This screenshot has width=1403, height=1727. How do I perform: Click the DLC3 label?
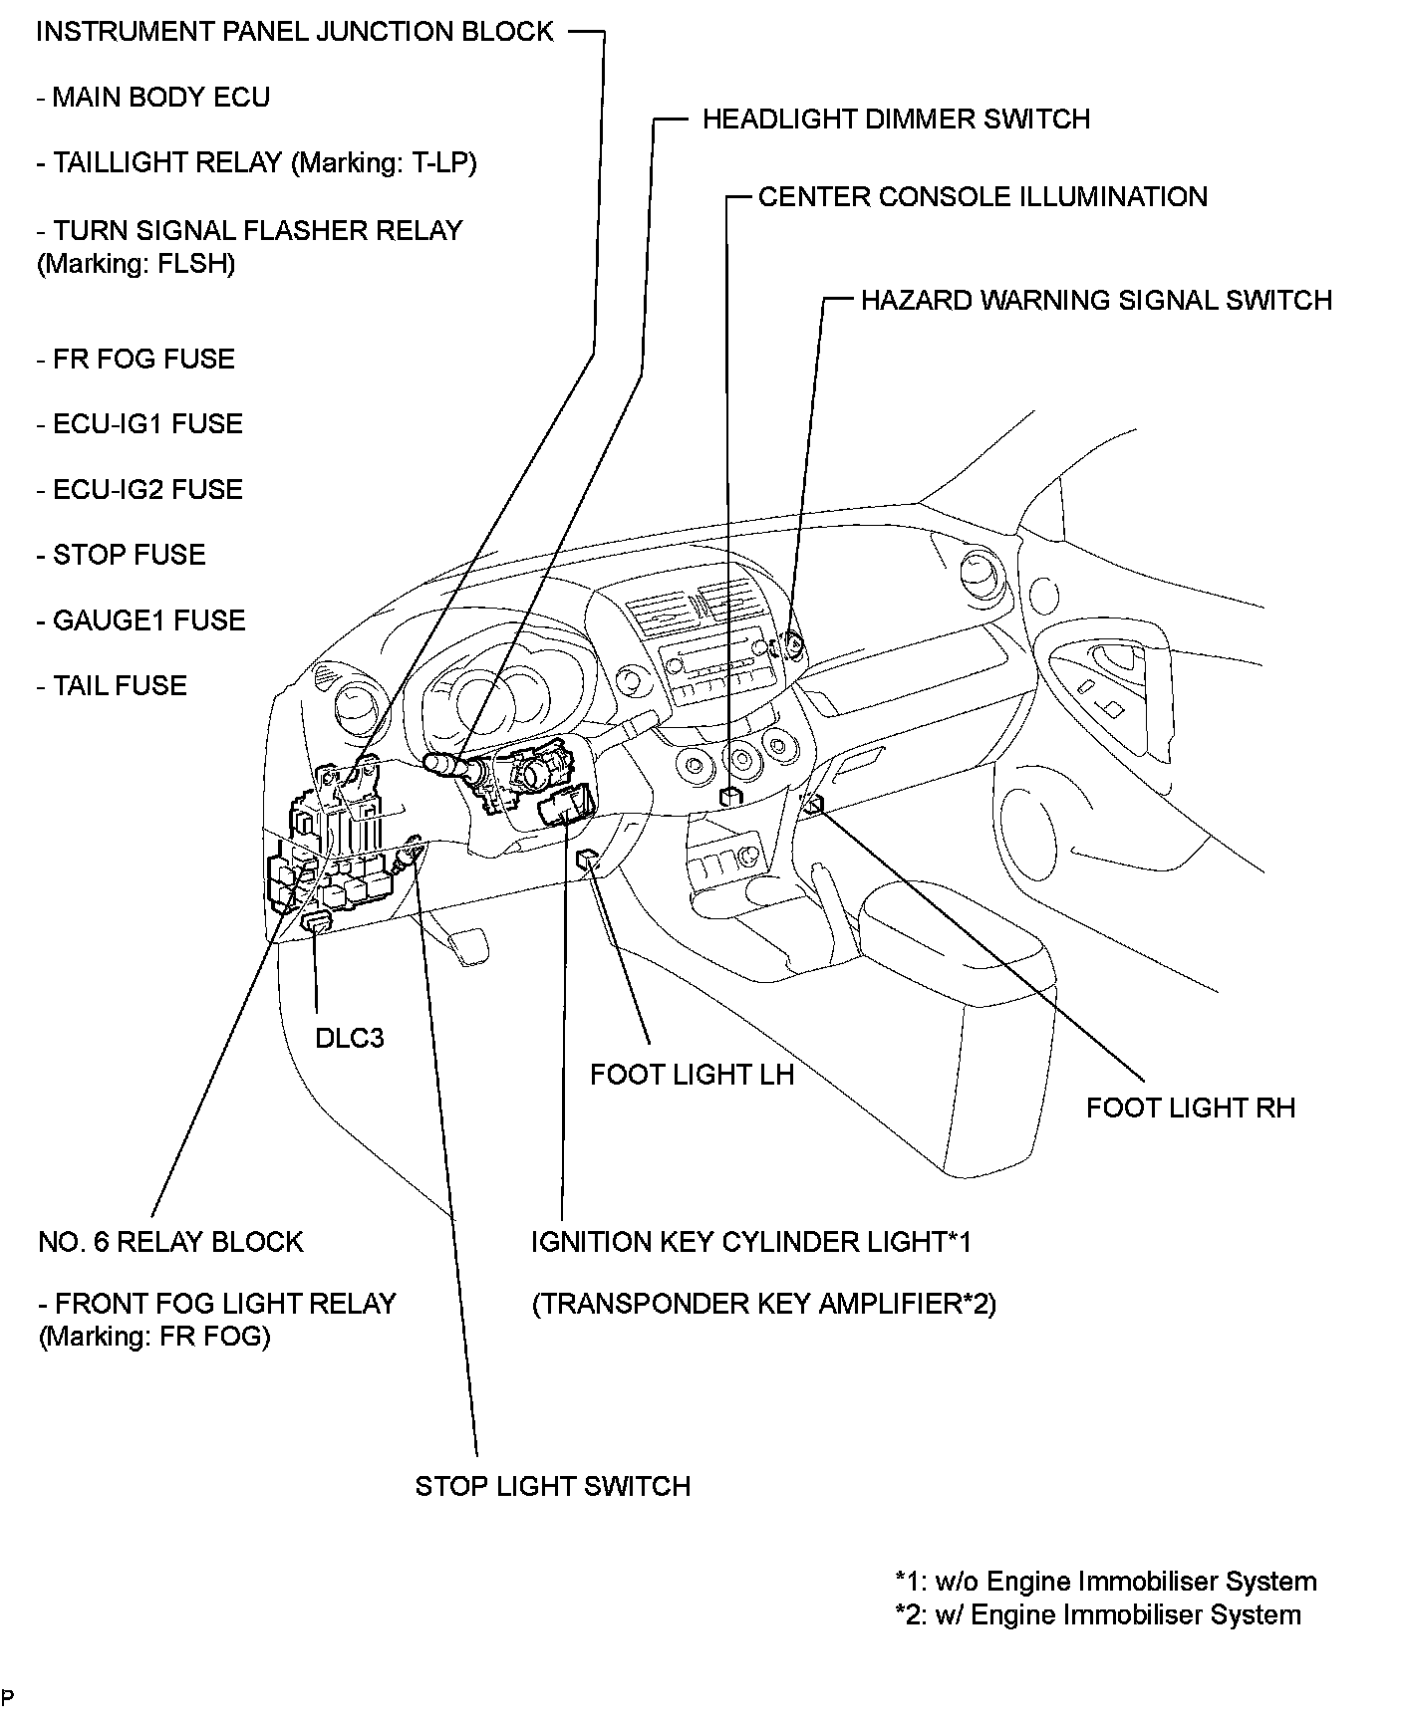pos(349,1038)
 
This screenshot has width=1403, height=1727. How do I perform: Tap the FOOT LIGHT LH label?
pos(692,1075)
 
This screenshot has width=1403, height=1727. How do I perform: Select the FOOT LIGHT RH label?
pos(1190,1108)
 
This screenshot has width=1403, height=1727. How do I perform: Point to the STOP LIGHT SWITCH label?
pos(552,1486)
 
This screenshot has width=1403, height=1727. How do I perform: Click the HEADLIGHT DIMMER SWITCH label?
pos(896,120)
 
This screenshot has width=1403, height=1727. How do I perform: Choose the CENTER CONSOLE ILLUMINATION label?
pos(982,196)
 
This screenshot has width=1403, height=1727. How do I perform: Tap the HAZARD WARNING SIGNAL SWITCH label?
pos(1096,300)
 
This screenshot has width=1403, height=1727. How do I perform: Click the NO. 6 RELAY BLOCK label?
pos(170,1242)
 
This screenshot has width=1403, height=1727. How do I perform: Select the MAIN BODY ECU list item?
pos(153,97)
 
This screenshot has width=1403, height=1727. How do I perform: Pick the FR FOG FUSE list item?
pos(136,359)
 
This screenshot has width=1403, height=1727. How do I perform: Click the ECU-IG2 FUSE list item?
pos(140,489)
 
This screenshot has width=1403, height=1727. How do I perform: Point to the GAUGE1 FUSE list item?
pos(140,619)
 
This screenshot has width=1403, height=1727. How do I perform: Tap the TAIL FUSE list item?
pos(112,685)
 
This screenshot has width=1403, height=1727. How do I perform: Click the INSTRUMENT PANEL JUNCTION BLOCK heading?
pos(294,31)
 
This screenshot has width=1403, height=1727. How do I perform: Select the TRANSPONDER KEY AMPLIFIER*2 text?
pos(763,1304)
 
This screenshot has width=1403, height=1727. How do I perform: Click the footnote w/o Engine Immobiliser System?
pos(1106,1581)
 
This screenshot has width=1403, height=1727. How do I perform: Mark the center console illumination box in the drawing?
pos(730,796)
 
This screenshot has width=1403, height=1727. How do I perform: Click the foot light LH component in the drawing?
pos(590,861)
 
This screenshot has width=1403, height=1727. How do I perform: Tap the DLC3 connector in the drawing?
pos(317,921)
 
